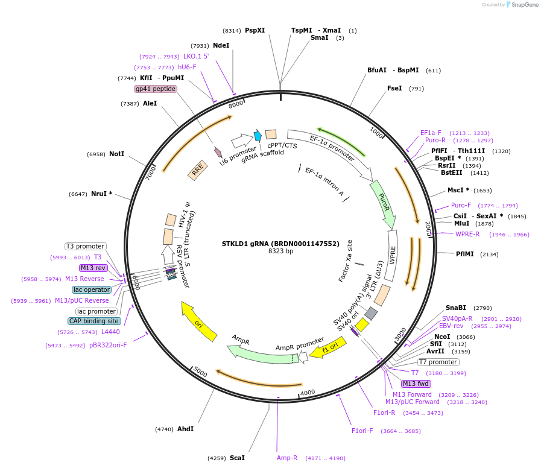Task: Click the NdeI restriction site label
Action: [221, 45]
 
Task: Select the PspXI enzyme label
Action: [255, 30]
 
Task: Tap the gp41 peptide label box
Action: [156, 89]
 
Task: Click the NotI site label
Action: [116, 154]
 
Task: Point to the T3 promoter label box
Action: [86, 246]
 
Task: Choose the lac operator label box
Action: [92, 289]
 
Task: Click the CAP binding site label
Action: [95, 321]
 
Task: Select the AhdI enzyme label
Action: [185, 429]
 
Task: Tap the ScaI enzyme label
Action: [237, 458]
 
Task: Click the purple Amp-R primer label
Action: [287, 458]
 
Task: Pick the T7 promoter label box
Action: [438, 362]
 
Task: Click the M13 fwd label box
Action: [416, 384]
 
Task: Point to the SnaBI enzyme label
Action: [455, 308]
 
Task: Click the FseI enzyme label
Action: [394, 88]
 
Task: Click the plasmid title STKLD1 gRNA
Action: [280, 244]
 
